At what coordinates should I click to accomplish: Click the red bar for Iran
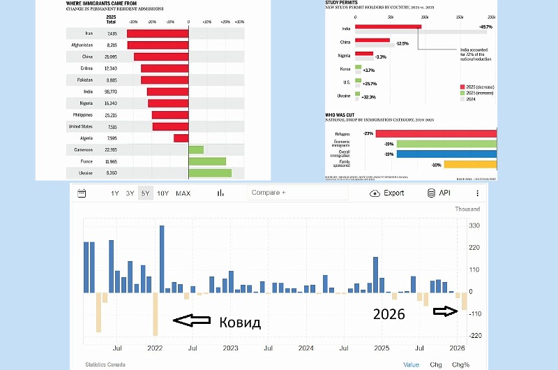158,34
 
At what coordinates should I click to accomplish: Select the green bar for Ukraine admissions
211,172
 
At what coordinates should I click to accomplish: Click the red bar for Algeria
181,138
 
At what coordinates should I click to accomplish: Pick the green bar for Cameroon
196,149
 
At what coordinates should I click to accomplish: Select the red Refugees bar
427,133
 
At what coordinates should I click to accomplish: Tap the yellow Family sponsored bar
470,165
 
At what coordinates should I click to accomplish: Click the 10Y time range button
163,193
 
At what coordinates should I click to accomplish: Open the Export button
388,193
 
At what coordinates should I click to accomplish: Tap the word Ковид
240,322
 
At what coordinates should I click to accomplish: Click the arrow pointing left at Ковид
192,320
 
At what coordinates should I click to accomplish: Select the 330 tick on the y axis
474,226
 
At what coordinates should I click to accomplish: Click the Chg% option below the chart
460,364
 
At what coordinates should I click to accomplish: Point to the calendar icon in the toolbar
82,193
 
